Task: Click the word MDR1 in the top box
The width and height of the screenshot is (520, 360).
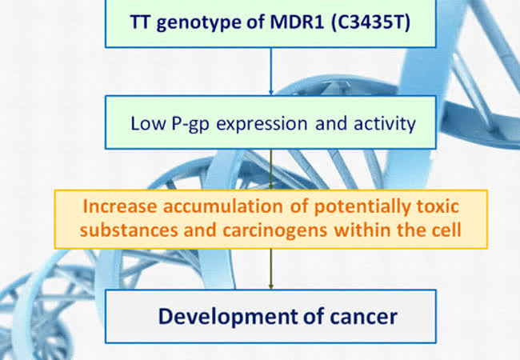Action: tap(297, 22)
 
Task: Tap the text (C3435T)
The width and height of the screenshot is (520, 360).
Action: tap(370, 22)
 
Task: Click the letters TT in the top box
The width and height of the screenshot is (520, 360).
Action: tap(141, 22)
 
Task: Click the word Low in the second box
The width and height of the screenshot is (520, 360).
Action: tap(147, 123)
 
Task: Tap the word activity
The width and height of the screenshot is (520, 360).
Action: tap(385, 124)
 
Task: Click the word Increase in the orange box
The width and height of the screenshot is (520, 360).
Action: tap(120, 206)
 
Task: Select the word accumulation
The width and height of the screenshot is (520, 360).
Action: tap(223, 206)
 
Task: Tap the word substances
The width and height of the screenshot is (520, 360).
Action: tap(129, 230)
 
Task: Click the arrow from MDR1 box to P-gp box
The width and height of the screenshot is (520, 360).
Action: tap(271, 72)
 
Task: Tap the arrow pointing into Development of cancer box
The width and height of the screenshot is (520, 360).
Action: tap(271, 269)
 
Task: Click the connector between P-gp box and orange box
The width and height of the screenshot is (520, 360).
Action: tap(271, 170)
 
